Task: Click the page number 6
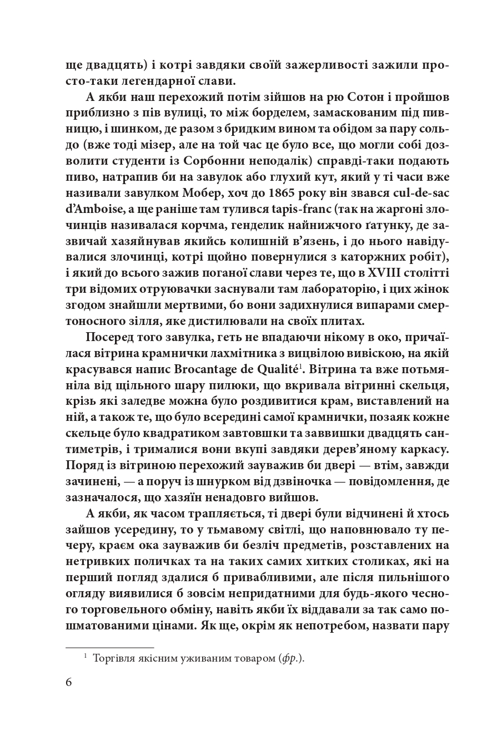point(69,682)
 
